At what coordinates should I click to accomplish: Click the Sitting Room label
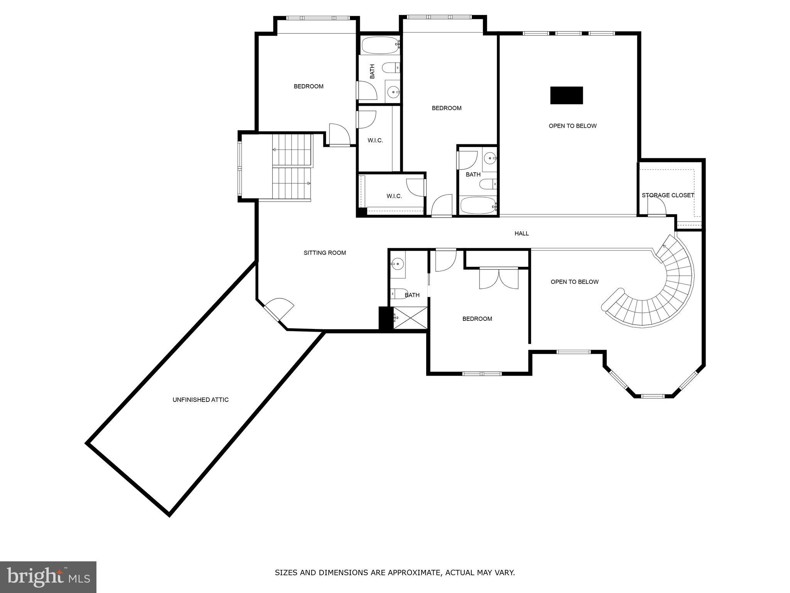(324, 253)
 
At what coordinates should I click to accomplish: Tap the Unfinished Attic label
(201, 400)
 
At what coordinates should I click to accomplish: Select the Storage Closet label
(668, 195)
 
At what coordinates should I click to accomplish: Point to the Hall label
(522, 233)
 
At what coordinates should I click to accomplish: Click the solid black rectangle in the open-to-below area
(566, 95)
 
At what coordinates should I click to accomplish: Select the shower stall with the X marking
(410, 318)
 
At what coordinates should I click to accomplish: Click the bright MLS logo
(48, 577)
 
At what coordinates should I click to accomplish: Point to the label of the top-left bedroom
(309, 86)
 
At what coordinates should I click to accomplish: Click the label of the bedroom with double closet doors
(477, 319)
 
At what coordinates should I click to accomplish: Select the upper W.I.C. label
(375, 141)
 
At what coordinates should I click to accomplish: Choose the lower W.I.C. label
(394, 196)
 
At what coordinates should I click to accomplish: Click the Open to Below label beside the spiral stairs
(574, 282)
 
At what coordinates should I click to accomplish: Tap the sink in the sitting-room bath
(397, 264)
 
